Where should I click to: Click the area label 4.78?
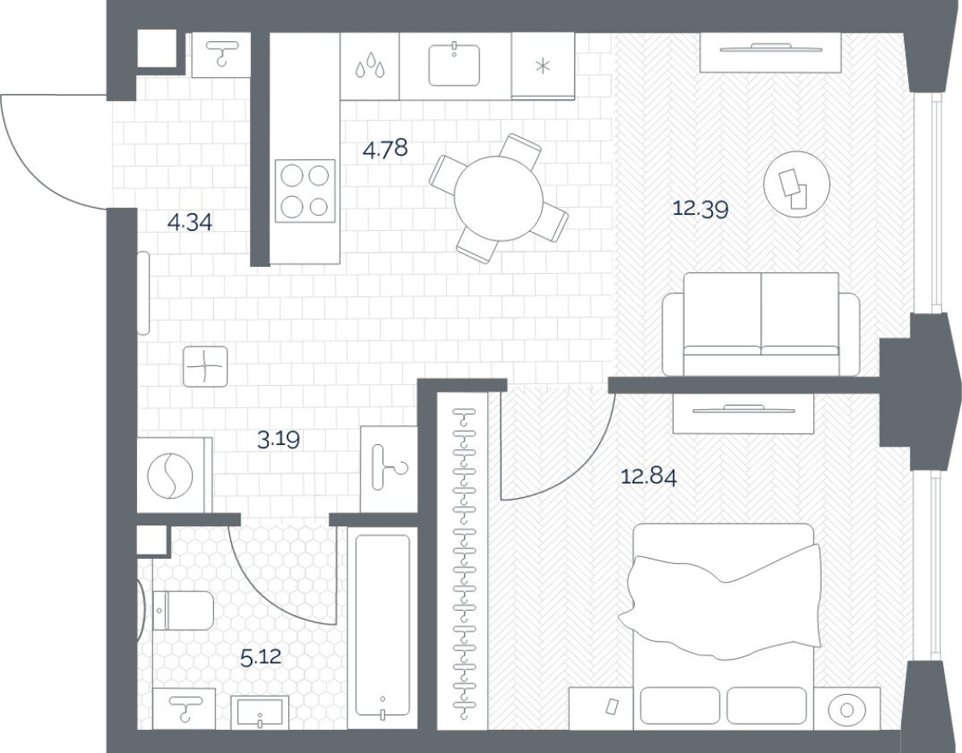click(x=385, y=150)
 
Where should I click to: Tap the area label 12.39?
click(x=700, y=209)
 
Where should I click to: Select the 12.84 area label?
click(x=648, y=477)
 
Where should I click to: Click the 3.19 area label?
click(x=279, y=440)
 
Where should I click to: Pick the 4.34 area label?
click(x=189, y=223)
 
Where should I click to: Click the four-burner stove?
click(x=304, y=191)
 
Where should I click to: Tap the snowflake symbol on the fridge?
click(x=542, y=68)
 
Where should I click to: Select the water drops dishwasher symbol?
click(x=370, y=66)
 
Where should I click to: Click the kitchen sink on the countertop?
click(x=454, y=64)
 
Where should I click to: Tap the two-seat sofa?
click(x=761, y=324)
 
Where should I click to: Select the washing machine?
click(x=173, y=476)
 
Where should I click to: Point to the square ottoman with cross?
click(x=205, y=368)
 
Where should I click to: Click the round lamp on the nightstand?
click(x=847, y=709)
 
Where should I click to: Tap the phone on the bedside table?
click(x=612, y=707)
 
